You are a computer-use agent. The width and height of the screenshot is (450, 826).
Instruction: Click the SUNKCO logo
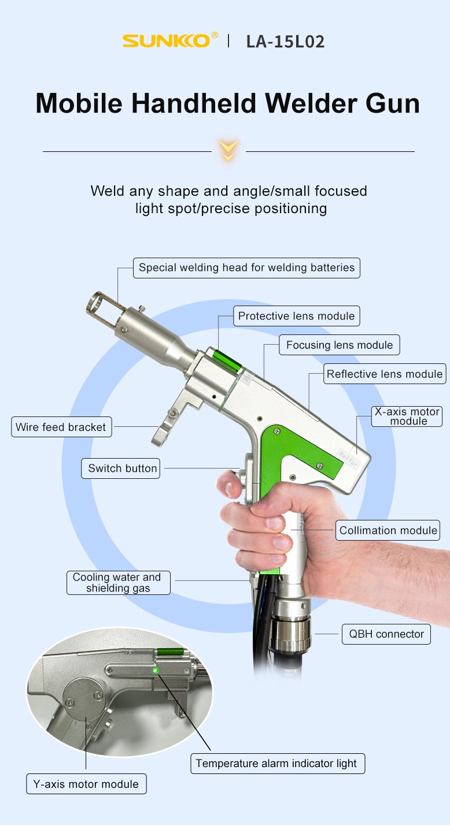(x=170, y=40)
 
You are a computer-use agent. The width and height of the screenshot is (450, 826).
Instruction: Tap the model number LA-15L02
(x=285, y=42)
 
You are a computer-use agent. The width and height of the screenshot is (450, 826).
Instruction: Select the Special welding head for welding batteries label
(x=246, y=267)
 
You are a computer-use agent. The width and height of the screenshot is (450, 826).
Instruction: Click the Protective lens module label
(x=296, y=316)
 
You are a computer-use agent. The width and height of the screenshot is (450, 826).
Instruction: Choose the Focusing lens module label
(x=340, y=345)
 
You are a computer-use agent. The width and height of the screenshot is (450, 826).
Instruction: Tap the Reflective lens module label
(x=385, y=374)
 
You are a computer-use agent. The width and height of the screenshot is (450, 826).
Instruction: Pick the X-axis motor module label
(x=407, y=416)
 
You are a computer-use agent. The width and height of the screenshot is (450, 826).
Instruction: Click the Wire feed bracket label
(x=61, y=427)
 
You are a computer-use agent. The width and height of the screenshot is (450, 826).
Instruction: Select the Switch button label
(x=121, y=468)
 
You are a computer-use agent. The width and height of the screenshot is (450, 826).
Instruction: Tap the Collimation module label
(x=388, y=530)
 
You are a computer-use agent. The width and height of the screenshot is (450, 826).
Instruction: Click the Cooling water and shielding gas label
(x=118, y=583)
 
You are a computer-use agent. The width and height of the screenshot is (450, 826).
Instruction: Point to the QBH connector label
(x=386, y=634)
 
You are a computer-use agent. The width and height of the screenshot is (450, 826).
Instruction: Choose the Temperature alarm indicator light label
(x=278, y=763)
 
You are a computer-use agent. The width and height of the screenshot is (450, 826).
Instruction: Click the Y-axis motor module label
(x=86, y=784)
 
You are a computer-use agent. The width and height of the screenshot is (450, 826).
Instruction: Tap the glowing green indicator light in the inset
(x=156, y=670)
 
